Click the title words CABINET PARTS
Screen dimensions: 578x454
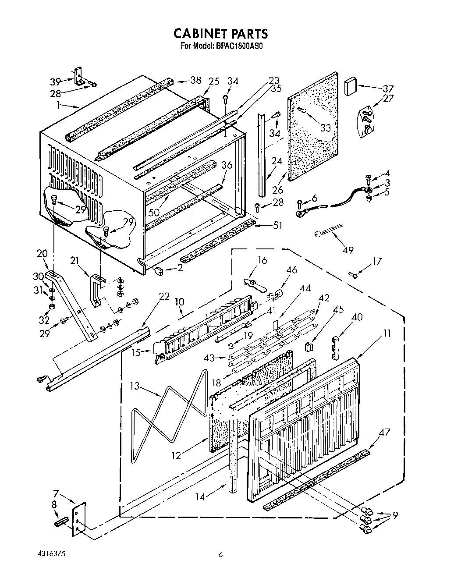(220, 34)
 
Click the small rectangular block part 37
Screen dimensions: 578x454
(351, 86)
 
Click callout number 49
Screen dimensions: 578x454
(348, 250)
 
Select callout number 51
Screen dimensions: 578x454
(277, 226)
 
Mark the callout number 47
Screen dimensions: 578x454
(372, 433)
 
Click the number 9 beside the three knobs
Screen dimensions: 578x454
(396, 516)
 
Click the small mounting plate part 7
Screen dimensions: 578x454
(79, 518)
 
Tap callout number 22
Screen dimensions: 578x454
(164, 296)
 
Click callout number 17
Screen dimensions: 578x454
(376, 262)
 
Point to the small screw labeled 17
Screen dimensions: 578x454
(353, 275)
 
